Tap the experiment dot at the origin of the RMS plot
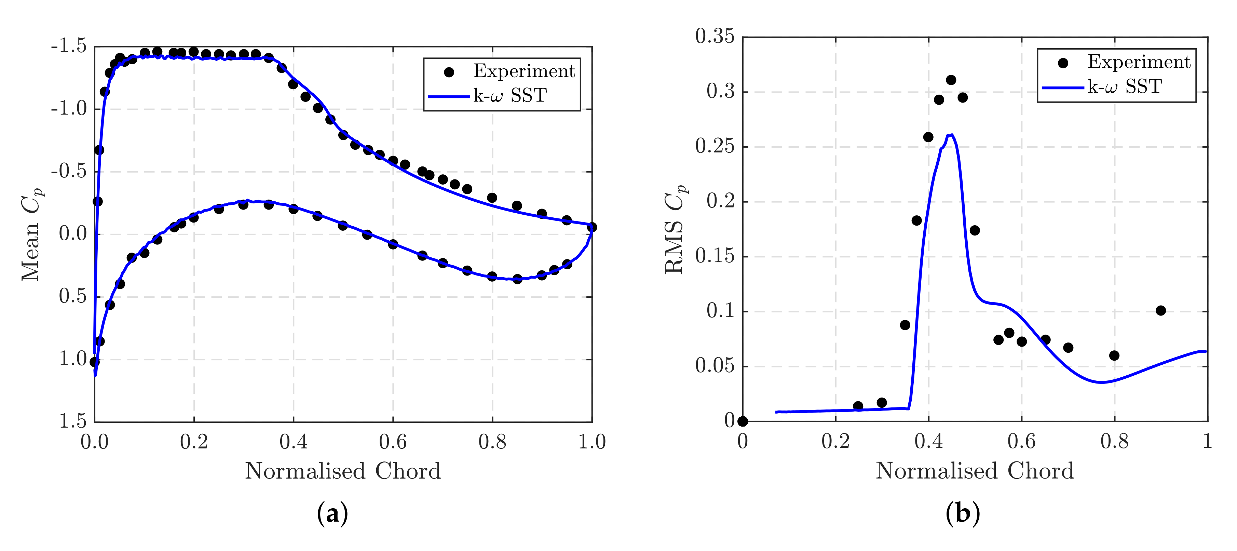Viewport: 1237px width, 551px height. pos(743,421)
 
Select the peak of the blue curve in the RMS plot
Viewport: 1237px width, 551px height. pos(951,135)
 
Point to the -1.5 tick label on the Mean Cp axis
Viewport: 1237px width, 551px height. pos(69,46)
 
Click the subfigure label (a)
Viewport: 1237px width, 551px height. pos(332,514)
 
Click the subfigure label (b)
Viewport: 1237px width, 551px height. pos(962,514)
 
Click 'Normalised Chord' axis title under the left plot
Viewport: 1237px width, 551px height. pos(343,471)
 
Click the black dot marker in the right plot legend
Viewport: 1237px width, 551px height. pos(1063,63)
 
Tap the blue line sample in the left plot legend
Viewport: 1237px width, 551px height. pos(449,96)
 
